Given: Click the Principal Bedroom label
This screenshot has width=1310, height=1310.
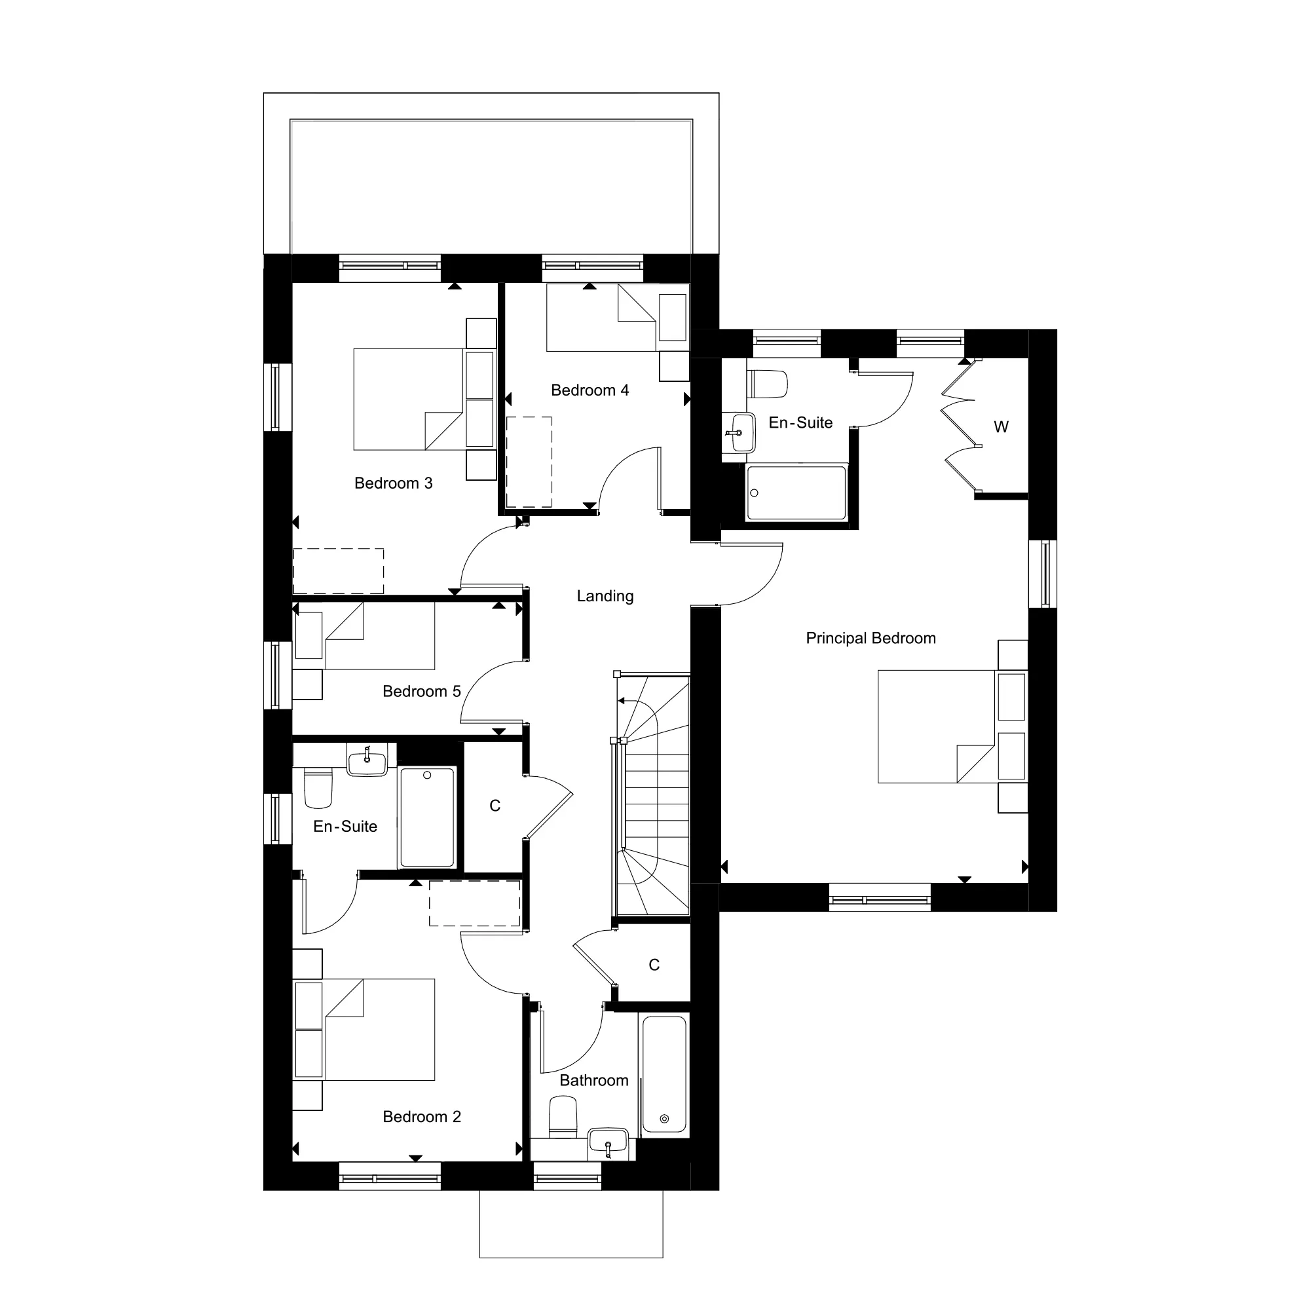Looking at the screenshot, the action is click(x=870, y=638).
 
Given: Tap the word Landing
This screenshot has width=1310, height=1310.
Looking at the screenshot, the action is click(x=605, y=596).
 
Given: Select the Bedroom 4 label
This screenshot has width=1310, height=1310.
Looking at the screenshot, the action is click(x=590, y=390).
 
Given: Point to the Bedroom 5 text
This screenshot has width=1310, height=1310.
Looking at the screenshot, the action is click(x=422, y=691).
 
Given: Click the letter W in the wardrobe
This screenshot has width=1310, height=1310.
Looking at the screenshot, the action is click(x=1001, y=426).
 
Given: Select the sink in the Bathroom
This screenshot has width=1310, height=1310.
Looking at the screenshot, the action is click(x=608, y=1142).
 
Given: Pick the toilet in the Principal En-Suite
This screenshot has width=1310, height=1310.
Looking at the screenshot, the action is click(x=767, y=384).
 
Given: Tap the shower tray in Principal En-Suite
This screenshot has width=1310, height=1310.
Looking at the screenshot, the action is click(x=796, y=493).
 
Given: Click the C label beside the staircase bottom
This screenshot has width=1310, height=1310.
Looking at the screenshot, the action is click(x=654, y=965).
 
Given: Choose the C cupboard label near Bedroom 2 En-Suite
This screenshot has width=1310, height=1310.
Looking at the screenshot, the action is click(x=495, y=806).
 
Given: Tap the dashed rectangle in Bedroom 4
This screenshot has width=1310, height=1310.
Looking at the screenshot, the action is click(x=529, y=462).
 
